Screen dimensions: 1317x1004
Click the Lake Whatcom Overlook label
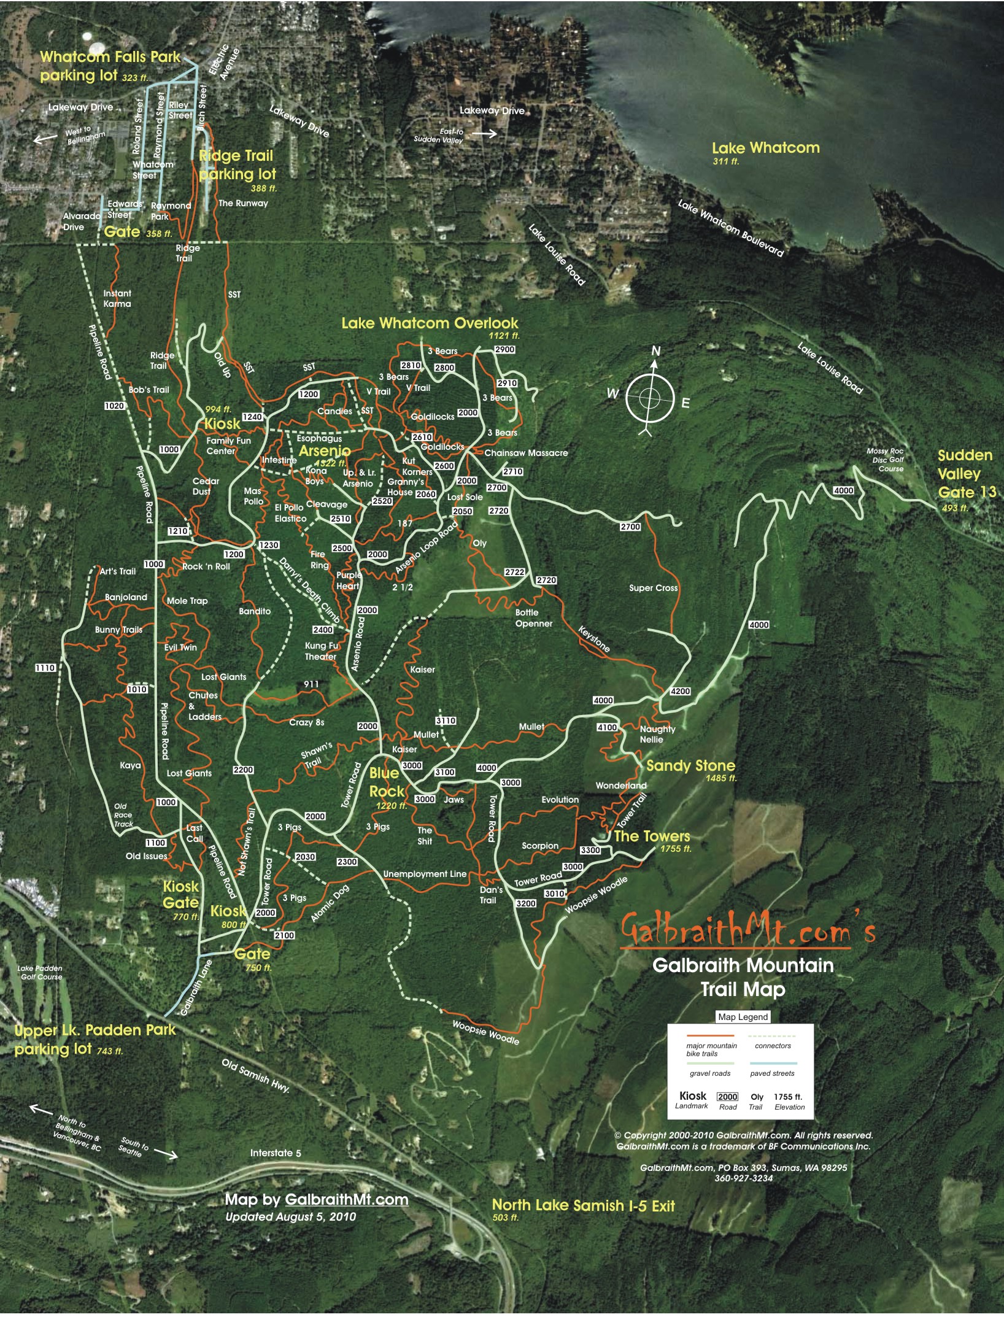(x=430, y=323)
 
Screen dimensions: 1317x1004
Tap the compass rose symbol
(x=649, y=398)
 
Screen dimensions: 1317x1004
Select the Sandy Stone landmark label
(x=690, y=765)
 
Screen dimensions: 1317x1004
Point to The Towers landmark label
(x=652, y=836)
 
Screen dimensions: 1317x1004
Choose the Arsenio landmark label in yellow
(x=325, y=451)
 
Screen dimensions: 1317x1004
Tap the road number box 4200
(x=680, y=691)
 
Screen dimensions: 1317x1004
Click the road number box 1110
(x=45, y=668)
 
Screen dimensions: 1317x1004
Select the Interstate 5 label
(x=276, y=1153)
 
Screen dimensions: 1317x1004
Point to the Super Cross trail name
(x=653, y=588)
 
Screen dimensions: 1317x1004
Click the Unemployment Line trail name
(x=425, y=874)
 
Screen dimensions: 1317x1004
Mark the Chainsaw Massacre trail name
(x=526, y=453)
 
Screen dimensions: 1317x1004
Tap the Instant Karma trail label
(x=117, y=298)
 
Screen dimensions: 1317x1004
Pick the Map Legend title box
(x=743, y=1017)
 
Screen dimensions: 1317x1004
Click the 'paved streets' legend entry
(x=772, y=1073)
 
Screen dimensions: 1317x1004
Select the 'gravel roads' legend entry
(x=710, y=1073)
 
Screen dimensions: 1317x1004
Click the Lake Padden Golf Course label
(x=40, y=973)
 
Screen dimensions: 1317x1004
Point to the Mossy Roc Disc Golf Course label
(x=886, y=460)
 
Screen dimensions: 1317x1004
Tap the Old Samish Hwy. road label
(x=255, y=1075)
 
